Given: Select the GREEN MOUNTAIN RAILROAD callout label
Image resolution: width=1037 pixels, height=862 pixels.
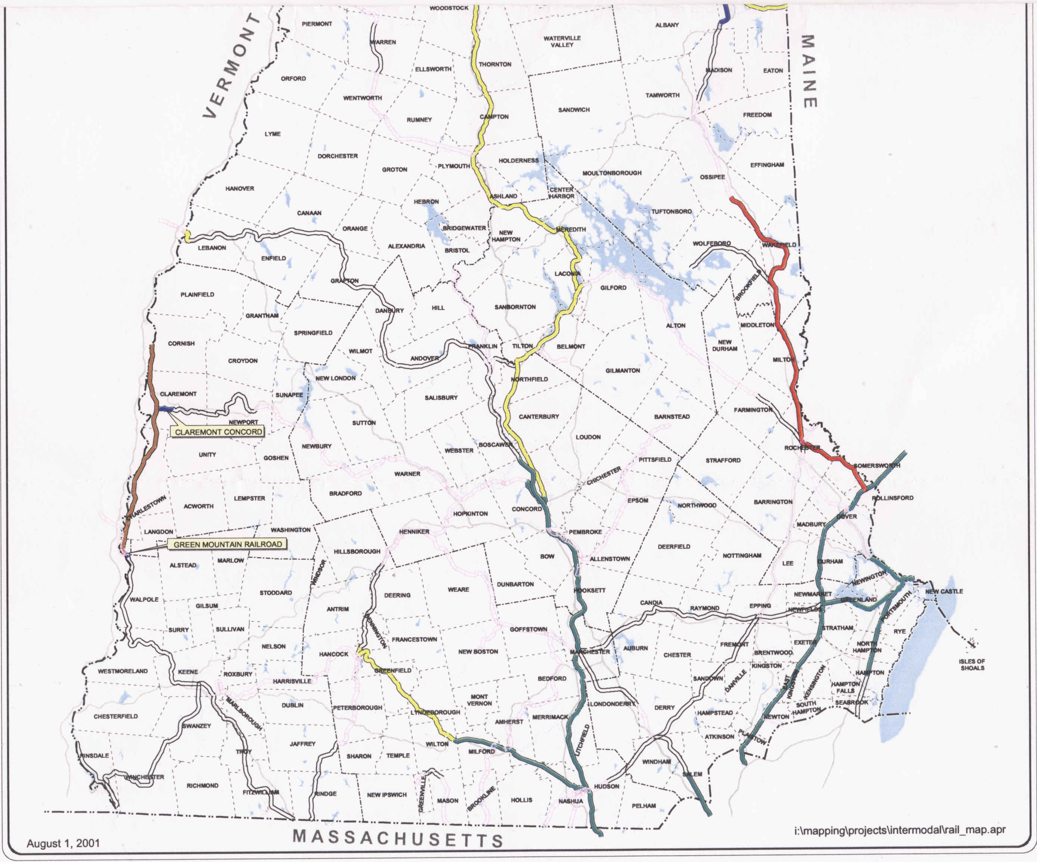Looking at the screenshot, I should point(228,544).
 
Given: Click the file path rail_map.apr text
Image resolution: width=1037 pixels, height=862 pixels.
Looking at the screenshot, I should point(900,830).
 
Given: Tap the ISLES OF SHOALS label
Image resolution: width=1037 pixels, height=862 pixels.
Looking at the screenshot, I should point(972,665).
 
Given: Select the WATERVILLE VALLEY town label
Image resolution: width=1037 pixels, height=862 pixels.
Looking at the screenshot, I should point(562,41).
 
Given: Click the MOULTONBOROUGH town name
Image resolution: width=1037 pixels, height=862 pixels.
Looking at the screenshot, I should point(612,173).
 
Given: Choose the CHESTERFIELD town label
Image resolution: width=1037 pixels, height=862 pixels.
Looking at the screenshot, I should point(115,716).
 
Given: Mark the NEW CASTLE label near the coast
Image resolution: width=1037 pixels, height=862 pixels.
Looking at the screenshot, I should point(944,591).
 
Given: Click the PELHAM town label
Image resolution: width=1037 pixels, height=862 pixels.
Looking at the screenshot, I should point(644,806).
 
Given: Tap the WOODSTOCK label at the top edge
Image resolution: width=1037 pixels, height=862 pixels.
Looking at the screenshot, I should point(448,8).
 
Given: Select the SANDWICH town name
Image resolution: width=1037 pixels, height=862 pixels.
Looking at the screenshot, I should point(574,110).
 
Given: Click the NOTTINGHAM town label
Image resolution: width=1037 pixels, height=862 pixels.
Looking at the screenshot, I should point(742,556).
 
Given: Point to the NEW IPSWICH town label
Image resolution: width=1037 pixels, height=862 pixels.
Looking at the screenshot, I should point(386,795).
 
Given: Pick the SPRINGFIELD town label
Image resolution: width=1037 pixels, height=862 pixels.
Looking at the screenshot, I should point(313,333).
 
